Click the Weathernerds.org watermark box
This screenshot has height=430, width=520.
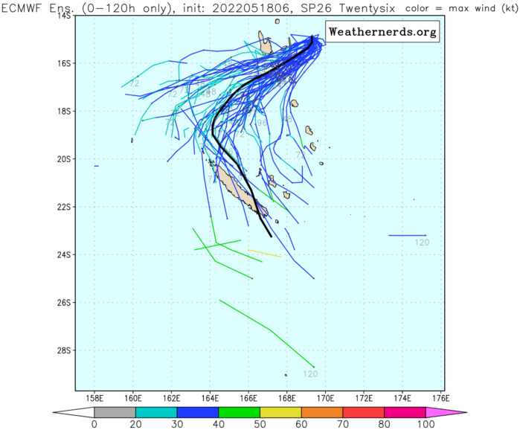click(382, 33)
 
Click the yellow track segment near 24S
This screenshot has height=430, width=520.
click(264, 253)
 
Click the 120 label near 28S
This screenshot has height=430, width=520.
click(310, 374)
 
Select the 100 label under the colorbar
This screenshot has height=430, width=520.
click(426, 425)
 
